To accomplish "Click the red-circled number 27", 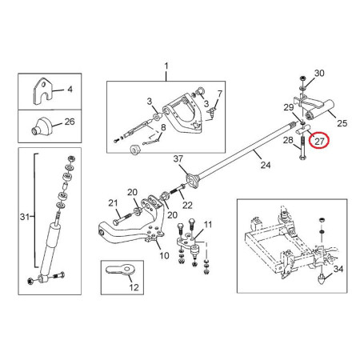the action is tap(319, 142).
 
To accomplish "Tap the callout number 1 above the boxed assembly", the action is tap(166, 66).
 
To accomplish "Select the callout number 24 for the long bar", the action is tap(266, 165).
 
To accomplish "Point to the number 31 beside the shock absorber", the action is tap(25, 217).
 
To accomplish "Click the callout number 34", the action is tap(338, 269).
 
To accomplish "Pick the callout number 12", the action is tap(134, 287).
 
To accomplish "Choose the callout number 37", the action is tap(178, 159).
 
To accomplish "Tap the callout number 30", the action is tap(319, 73).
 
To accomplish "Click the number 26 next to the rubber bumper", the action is tap(70, 122).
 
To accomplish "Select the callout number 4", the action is tap(70, 89).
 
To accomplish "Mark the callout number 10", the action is tap(164, 256).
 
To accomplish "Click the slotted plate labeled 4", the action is tap(42, 91).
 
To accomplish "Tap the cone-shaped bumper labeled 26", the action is tap(42, 126).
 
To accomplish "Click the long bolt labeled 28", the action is tap(303, 148).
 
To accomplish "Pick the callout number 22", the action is tap(187, 205).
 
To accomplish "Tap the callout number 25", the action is tap(342, 123).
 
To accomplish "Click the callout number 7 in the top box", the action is tap(220, 94).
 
